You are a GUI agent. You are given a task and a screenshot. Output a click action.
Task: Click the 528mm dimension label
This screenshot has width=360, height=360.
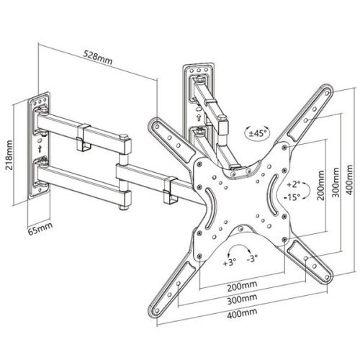[96, 53]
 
